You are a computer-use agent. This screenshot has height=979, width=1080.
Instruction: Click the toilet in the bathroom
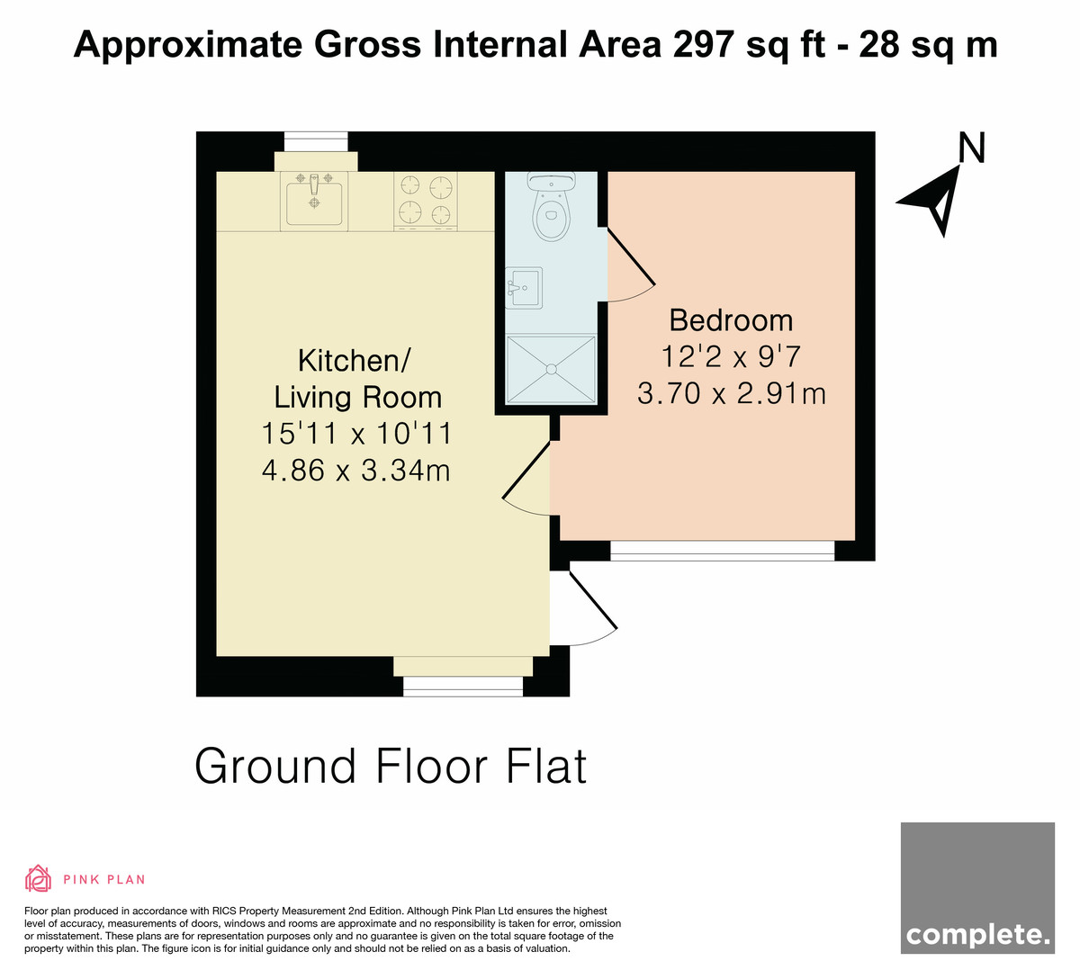(x=552, y=206)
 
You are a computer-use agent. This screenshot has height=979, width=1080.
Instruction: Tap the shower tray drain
(x=552, y=369)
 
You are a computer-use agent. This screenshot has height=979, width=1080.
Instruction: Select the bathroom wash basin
(x=524, y=288)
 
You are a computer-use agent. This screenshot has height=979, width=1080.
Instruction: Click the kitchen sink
(x=314, y=201)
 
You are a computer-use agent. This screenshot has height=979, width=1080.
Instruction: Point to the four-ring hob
(x=426, y=201)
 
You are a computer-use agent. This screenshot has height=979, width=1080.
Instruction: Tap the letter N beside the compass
(x=972, y=148)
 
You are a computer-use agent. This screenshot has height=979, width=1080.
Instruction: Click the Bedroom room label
(x=731, y=320)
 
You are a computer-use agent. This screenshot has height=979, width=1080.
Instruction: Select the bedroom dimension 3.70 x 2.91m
(x=731, y=393)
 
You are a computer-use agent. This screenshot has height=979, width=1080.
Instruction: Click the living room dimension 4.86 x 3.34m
(x=355, y=470)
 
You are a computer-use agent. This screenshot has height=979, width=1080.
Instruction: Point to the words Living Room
(x=358, y=398)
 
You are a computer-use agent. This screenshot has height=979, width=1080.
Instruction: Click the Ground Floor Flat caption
(x=391, y=766)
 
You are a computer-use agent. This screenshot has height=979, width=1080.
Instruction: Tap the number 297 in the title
(x=704, y=44)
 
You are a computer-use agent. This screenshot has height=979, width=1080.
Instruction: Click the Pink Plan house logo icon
(x=38, y=879)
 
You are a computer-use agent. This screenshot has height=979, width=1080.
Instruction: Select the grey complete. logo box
(x=977, y=888)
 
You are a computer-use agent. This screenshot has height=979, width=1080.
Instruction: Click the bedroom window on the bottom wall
(x=723, y=551)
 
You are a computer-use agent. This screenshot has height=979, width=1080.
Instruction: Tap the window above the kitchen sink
(x=316, y=141)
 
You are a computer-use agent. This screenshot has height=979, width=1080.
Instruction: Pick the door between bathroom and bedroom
(x=631, y=265)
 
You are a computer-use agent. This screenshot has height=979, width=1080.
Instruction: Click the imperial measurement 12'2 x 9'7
(x=731, y=357)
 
